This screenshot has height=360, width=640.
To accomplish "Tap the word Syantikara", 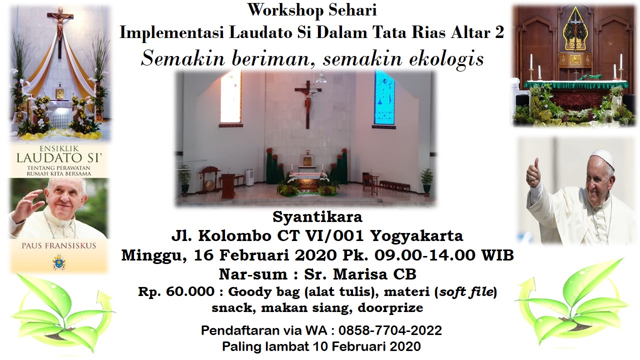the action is [x=317, y=216].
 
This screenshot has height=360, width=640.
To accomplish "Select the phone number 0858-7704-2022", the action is [x=390, y=330].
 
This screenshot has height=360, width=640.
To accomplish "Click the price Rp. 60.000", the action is [x=176, y=291].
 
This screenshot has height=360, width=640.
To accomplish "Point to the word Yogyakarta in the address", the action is [x=416, y=235].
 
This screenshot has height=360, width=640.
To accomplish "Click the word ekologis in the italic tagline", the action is [x=446, y=59].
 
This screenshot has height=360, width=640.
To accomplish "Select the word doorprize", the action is [x=390, y=308].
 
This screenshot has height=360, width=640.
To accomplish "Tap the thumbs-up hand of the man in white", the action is [x=533, y=173].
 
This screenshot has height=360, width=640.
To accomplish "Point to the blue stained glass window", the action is [x=384, y=97].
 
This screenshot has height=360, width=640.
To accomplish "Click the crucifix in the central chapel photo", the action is [x=308, y=103].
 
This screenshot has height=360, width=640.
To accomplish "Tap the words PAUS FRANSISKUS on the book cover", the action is [x=59, y=245].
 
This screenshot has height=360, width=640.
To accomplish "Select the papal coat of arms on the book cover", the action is [x=59, y=262].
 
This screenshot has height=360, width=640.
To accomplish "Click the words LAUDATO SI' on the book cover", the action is [x=59, y=158].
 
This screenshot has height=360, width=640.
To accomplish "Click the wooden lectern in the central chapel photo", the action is [x=228, y=185].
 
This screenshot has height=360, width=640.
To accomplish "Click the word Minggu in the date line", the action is [x=154, y=255].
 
